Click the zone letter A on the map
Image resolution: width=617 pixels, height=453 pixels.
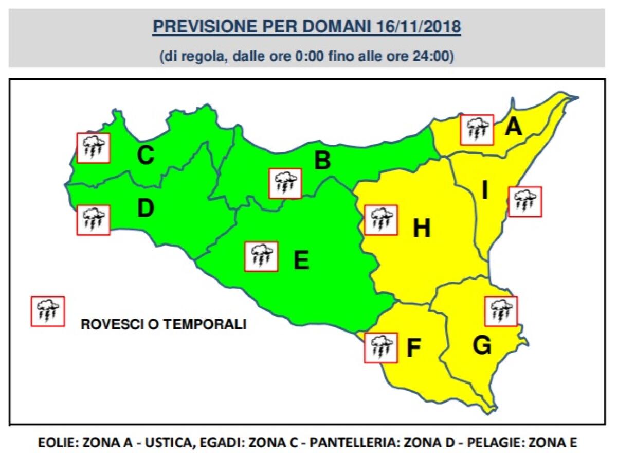click(x=513, y=126)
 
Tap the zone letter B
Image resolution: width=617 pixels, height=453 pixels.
click(x=322, y=161)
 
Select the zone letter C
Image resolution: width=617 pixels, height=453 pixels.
click(x=145, y=155)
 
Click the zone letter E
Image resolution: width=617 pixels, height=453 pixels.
click(x=301, y=261)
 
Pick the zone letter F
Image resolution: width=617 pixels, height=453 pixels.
click(x=413, y=349)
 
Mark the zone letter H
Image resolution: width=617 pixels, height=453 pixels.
click(x=422, y=229)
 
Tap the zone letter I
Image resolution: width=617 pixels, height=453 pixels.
click(x=484, y=191)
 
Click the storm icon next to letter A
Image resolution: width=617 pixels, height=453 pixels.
click(x=477, y=130)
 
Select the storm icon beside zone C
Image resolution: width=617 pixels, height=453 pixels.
click(x=93, y=148)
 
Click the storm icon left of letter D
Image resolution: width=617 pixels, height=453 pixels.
click(x=93, y=220)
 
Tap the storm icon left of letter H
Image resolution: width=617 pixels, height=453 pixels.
click(x=381, y=220)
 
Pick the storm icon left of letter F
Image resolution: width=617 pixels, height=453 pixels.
click(x=381, y=348)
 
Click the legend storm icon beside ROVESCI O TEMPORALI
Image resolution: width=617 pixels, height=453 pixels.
click(x=48, y=311)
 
